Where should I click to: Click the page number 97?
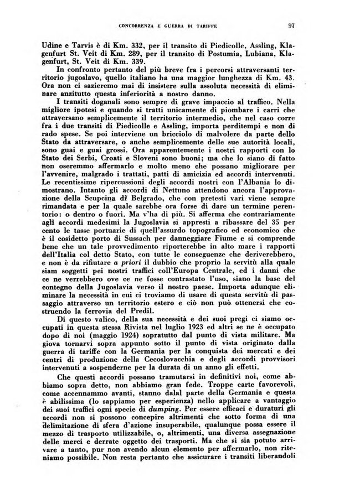tap(291, 25)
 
